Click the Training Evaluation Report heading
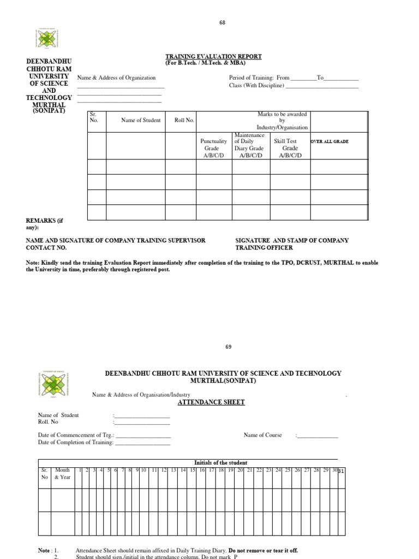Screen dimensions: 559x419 click(x=213, y=56)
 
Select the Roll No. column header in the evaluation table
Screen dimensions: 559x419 click(x=184, y=120)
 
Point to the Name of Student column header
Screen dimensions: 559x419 click(x=141, y=120)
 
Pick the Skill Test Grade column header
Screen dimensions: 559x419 click(x=290, y=148)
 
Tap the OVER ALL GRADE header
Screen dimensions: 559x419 click(x=329, y=141)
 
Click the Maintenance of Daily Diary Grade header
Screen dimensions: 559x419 click(x=249, y=145)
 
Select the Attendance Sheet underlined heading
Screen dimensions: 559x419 click(x=211, y=402)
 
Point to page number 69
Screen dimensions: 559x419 click(x=228, y=347)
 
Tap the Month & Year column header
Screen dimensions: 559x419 click(x=62, y=473)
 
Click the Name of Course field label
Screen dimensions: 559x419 click(x=262, y=435)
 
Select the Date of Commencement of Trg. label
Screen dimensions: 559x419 click(x=76, y=435)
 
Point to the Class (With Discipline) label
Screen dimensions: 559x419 click(x=256, y=86)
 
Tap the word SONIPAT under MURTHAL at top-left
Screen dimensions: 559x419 click(x=49, y=111)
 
